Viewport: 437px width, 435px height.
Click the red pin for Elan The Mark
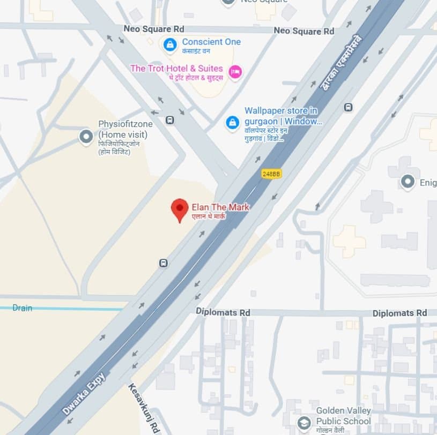(x=180, y=209)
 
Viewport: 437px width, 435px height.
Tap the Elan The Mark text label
(x=220, y=207)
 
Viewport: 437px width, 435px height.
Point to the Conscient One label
(x=211, y=42)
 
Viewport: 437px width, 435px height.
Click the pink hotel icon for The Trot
(x=235, y=72)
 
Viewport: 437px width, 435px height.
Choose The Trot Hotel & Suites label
(x=176, y=69)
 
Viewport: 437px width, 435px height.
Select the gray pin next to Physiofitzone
(x=86, y=137)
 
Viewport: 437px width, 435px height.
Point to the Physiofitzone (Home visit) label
(x=125, y=129)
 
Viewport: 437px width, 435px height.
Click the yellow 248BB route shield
(x=271, y=174)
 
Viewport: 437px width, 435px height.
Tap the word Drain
(x=23, y=308)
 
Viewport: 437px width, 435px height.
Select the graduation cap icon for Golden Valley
(x=304, y=423)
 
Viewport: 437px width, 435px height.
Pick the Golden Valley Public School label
(x=343, y=416)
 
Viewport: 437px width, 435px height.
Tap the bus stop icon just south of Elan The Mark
(x=163, y=263)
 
